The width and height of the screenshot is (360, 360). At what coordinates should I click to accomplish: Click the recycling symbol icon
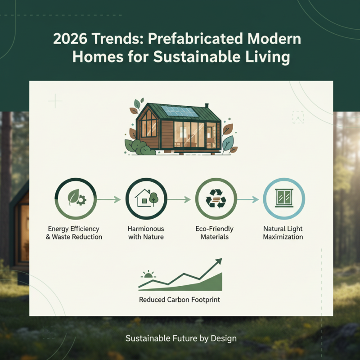pyautogui.click(x=216, y=198)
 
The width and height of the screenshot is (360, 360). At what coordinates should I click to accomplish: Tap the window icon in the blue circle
pyautogui.click(x=284, y=198)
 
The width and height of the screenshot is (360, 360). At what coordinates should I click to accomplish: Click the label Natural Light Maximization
pyautogui.click(x=283, y=233)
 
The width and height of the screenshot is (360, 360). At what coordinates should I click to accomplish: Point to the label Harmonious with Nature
pyautogui.click(x=146, y=233)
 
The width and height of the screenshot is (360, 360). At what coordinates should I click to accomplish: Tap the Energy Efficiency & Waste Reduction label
pyautogui.click(x=74, y=233)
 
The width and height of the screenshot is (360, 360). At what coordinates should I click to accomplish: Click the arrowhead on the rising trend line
pyautogui.click(x=219, y=261)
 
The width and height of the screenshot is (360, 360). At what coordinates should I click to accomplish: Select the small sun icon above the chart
pyautogui.click(x=148, y=274)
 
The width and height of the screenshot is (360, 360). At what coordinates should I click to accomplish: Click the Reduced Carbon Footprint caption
pyautogui.click(x=180, y=299)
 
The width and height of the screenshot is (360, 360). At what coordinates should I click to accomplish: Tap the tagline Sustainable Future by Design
pyautogui.click(x=181, y=338)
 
